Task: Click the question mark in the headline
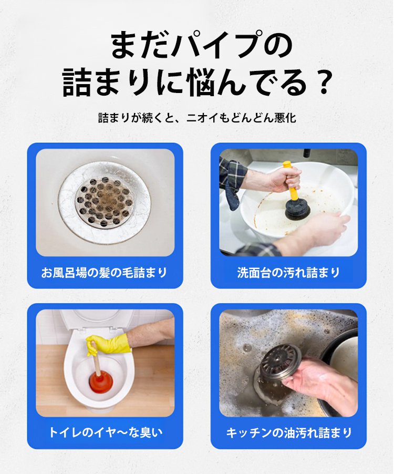point(320,81)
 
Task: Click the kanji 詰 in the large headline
point(77,82)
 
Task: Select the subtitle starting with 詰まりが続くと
point(197,118)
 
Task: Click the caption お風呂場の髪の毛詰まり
point(105,272)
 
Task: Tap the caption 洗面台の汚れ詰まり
point(288,272)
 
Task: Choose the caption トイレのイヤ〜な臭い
point(105,432)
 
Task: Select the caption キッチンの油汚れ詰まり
point(289,432)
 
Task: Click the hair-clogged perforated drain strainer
point(104,202)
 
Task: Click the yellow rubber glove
point(107,344)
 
